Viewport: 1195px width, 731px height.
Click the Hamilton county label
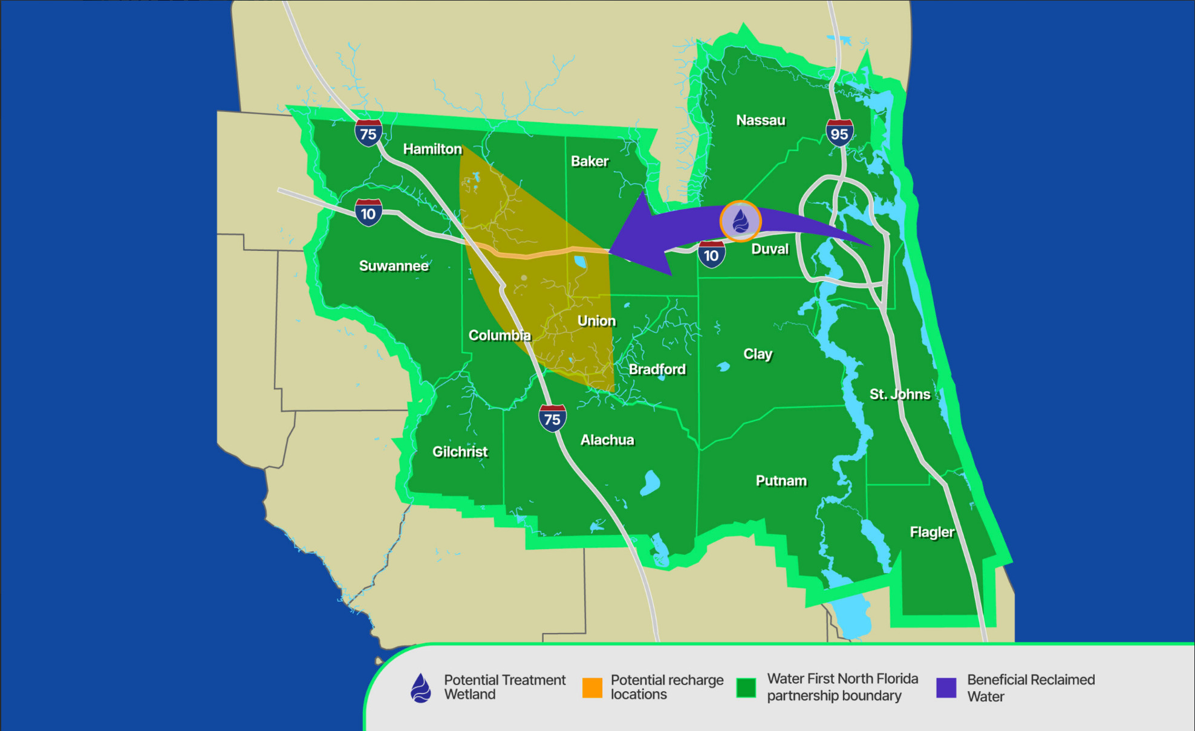(432, 149)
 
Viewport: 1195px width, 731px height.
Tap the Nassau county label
(760, 120)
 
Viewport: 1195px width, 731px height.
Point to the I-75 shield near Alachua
(552, 418)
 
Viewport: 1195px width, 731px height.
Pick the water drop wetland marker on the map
(740, 221)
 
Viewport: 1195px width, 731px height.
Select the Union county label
(596, 321)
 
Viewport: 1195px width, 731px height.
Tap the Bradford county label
(657, 369)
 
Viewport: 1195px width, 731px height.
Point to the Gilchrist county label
(460, 452)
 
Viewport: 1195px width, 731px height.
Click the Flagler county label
(931, 532)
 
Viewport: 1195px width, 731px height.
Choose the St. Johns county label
(899, 394)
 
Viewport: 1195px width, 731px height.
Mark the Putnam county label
(781, 481)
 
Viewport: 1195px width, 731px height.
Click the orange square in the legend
(592, 688)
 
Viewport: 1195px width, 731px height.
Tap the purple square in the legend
(946, 688)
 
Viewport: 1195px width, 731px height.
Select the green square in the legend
(746, 688)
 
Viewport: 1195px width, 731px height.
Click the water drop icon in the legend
(421, 688)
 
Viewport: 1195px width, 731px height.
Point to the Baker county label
(589, 161)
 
